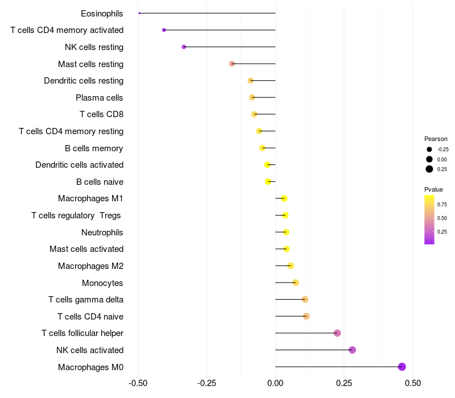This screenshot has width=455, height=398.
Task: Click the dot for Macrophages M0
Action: (402, 367)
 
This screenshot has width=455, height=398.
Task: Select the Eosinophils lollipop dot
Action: (139, 13)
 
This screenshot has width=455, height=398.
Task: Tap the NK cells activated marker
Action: (352, 350)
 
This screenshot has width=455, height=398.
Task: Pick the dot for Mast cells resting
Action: (232, 64)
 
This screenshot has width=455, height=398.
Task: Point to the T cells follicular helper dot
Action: (337, 333)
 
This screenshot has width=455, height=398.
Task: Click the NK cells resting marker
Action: (184, 47)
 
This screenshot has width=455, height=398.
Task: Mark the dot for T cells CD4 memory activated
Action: (164, 30)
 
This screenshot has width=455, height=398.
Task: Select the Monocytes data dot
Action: (296, 283)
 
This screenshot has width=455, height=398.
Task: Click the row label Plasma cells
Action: (99, 98)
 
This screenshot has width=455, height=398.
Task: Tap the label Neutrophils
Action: (102, 233)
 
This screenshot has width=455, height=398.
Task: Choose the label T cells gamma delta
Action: (86, 300)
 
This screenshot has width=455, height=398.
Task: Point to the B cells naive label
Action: (100, 182)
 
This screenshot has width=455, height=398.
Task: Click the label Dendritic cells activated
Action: (80, 165)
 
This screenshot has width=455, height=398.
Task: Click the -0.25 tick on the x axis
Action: (206, 383)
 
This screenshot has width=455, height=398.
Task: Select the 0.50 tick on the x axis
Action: (413, 383)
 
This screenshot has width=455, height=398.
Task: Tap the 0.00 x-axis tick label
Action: (275, 383)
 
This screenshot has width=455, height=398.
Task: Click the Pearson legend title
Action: (436, 139)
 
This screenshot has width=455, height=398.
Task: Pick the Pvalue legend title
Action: (433, 189)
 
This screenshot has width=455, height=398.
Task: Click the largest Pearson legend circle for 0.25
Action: (429, 169)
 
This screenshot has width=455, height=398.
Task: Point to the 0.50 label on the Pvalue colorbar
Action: (442, 218)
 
